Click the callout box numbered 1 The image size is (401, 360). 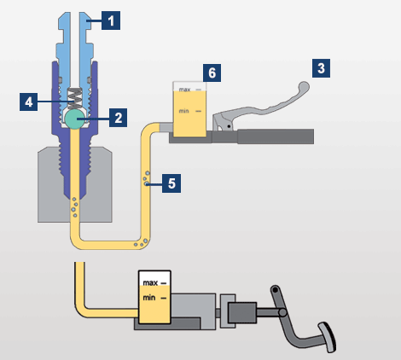[x=111, y=20]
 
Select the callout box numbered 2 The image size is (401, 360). [x=119, y=118]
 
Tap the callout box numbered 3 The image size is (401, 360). [x=321, y=68]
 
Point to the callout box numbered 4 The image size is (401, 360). [x=29, y=102]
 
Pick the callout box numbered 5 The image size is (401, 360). [x=171, y=183]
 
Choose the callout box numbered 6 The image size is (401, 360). [x=212, y=73]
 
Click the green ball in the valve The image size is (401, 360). [x=75, y=119]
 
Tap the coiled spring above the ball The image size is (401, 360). [x=75, y=98]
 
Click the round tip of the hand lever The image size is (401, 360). [x=304, y=86]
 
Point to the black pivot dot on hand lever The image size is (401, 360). [x=229, y=126]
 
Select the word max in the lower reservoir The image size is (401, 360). [x=150, y=283]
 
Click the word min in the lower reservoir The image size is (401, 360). [x=149, y=298]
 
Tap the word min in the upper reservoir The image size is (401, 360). [x=183, y=111]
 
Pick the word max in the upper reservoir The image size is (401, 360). [x=184, y=90]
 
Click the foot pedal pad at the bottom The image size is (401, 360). [x=328, y=337]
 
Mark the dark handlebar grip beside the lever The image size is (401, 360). [x=276, y=136]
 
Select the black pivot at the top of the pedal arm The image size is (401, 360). [x=275, y=290]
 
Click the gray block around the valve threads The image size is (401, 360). [x=75, y=184]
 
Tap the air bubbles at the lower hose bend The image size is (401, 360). [x=141, y=243]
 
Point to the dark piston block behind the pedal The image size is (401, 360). [x=242, y=312]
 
